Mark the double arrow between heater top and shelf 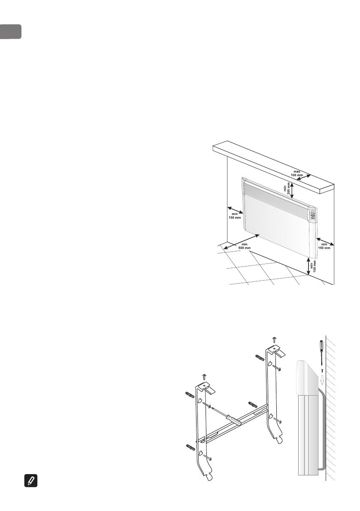pyautogui.click(x=292, y=190)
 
